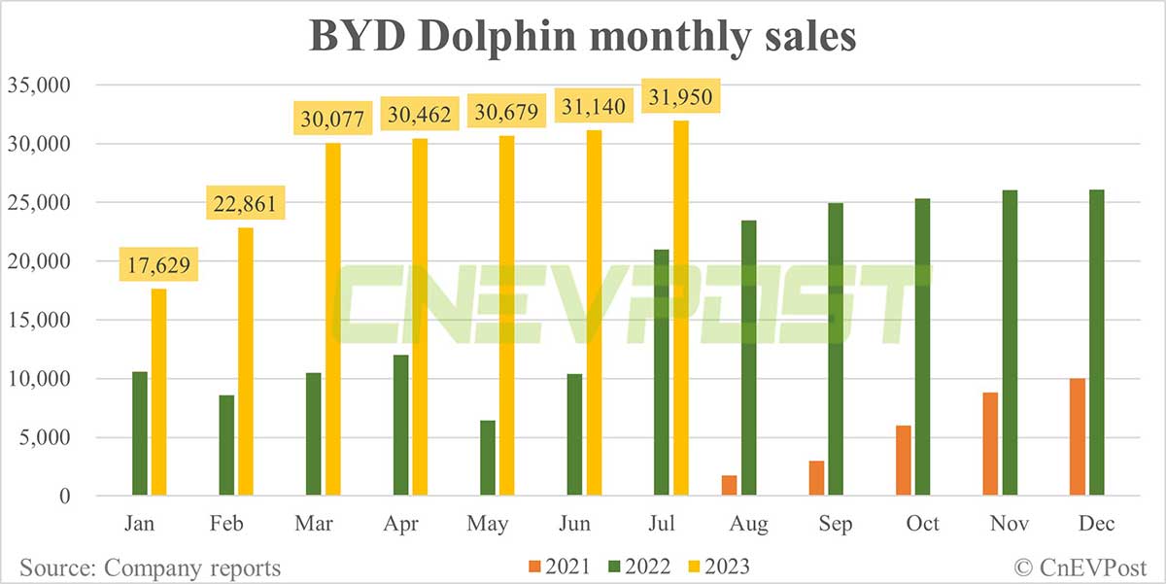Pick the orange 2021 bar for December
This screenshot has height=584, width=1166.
coord(1077,436)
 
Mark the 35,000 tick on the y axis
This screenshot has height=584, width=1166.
coord(38,86)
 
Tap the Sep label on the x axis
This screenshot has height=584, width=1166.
coord(836,525)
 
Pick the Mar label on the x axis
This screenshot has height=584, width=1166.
coord(314,525)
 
